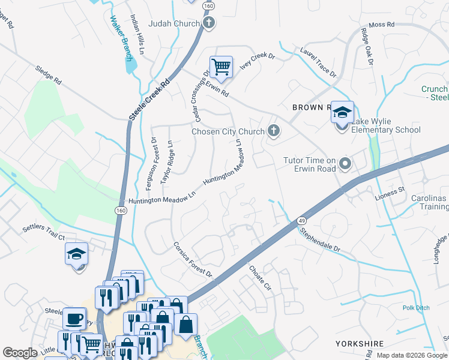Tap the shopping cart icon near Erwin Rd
[221, 67]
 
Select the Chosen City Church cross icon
[274, 131]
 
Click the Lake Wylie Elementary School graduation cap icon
[342, 113]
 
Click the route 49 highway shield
[301, 222]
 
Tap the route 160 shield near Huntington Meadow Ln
[121, 210]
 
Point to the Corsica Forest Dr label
[193, 259]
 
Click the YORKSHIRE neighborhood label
[359, 344]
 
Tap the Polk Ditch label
[416, 308]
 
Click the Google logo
[20, 353]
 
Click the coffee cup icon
[74, 319]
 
